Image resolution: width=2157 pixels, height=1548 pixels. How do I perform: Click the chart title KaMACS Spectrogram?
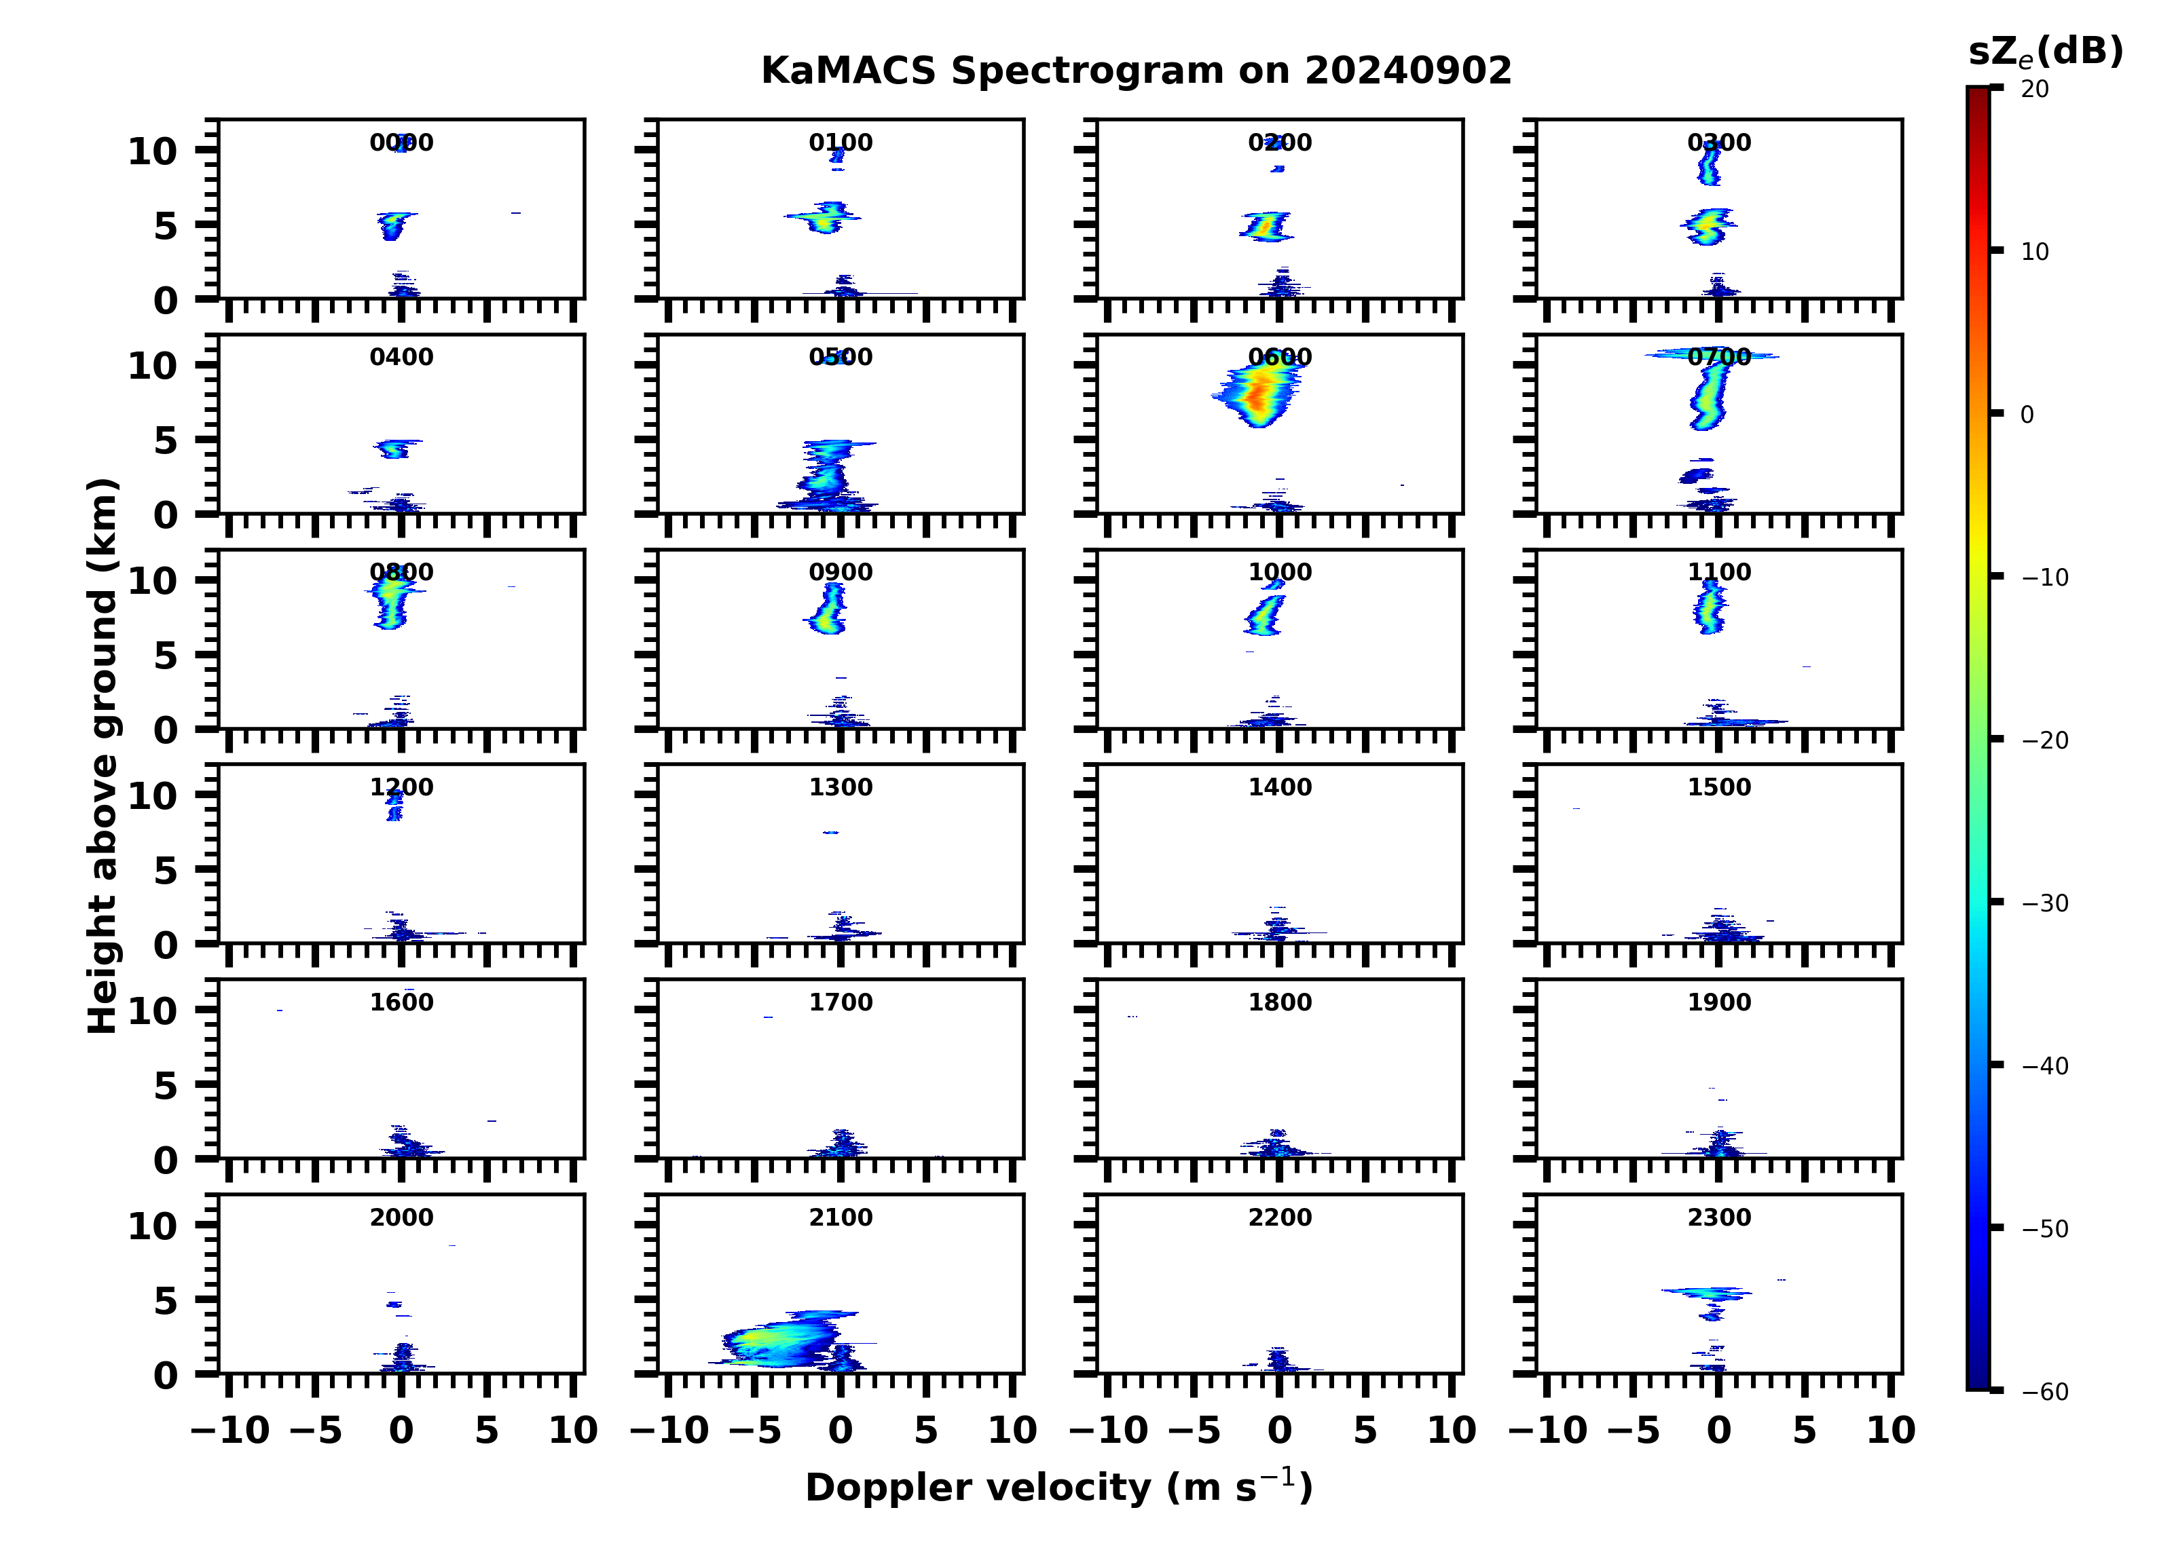(1136, 71)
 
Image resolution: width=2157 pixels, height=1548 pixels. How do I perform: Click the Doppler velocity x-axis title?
(1058, 1487)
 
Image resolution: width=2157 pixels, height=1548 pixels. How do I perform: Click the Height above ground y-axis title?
(103, 756)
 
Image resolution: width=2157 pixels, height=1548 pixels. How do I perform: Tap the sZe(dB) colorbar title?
(2045, 52)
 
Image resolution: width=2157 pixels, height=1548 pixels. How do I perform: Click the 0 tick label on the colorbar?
(2027, 415)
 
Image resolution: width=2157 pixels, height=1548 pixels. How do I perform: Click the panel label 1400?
(1279, 787)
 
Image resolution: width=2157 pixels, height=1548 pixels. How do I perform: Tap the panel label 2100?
(840, 1217)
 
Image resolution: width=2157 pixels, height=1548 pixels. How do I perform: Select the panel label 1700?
(840, 1002)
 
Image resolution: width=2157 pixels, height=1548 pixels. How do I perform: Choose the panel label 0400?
(401, 358)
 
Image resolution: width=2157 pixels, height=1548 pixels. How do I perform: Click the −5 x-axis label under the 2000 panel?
(316, 1430)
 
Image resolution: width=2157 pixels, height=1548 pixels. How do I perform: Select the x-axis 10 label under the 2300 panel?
(1889, 1430)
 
